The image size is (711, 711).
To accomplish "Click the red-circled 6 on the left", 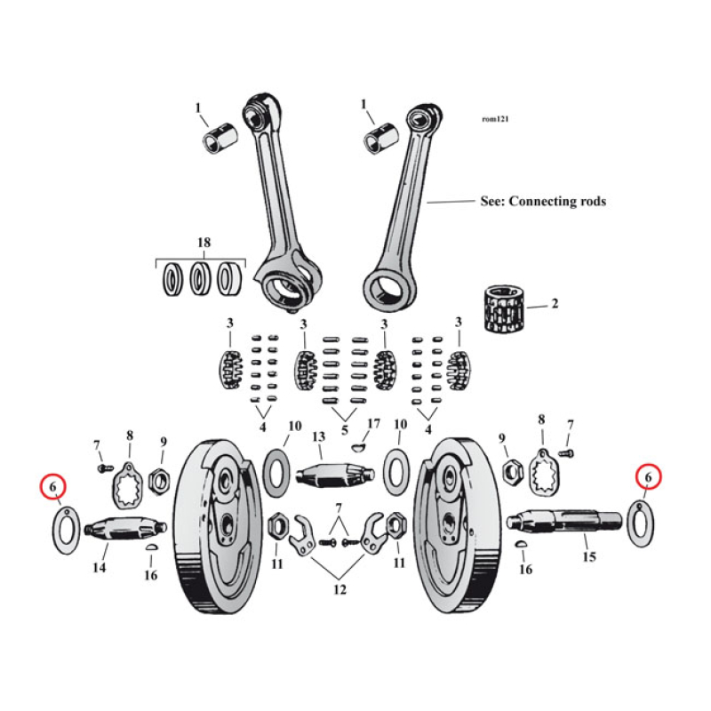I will tap(53, 486).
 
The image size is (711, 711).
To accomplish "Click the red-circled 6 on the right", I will tap(649, 478).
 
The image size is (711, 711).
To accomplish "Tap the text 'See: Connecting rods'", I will tap(542, 202).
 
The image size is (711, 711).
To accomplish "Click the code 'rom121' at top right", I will tap(496, 119).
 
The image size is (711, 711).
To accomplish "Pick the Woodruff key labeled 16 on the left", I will tap(151, 549).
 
